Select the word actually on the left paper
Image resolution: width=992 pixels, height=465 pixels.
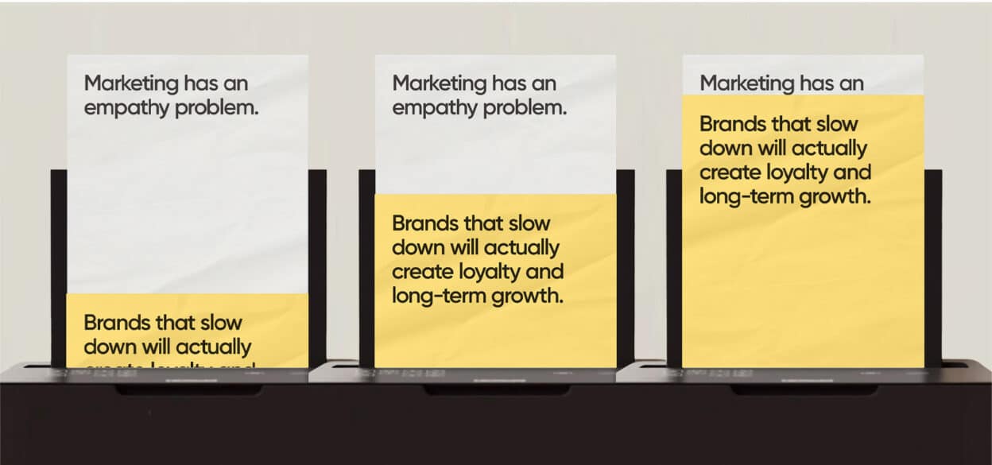[x=214, y=347]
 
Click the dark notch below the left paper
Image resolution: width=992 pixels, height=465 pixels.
[x=188, y=390]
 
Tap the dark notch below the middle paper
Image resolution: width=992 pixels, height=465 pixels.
[x=497, y=390]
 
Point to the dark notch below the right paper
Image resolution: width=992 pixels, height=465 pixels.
[x=804, y=390]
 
